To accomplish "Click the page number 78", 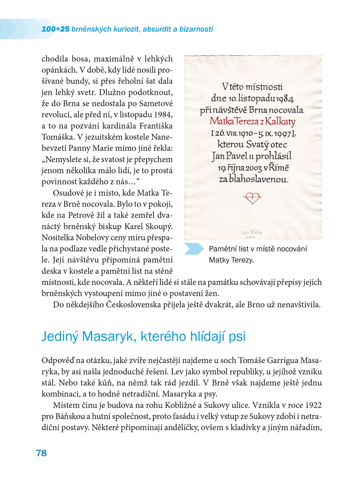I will click(41, 453).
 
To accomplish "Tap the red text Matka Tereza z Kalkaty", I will click(252, 122).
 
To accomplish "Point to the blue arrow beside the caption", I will click(194, 249).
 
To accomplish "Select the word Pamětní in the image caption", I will click(222, 249).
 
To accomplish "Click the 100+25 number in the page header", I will click(55, 29).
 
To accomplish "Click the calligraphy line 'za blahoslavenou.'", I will click(254, 179).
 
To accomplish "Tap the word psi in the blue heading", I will click(237, 336).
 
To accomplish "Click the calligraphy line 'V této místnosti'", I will click(252, 86).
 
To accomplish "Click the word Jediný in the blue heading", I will click(60, 336).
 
